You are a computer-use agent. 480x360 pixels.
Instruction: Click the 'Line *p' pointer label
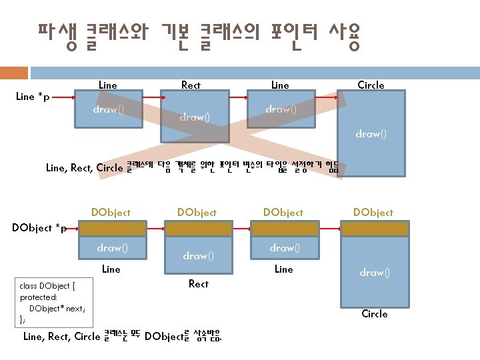click(32, 97)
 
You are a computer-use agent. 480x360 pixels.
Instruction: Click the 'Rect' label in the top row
click(191, 85)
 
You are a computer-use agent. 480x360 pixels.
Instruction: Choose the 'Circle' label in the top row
click(371, 85)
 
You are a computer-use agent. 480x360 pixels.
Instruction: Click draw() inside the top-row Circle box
click(371, 133)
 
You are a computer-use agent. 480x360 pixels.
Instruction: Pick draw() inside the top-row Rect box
click(195, 117)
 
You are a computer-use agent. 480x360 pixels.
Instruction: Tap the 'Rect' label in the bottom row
click(198, 283)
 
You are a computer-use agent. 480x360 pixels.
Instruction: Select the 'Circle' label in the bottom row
click(374, 313)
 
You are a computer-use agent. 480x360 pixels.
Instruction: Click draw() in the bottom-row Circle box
click(375, 272)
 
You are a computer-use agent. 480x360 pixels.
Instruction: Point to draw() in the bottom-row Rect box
click(198, 255)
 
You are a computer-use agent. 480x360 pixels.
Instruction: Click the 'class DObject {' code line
click(47, 287)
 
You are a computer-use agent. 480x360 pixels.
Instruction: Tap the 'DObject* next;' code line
click(57, 308)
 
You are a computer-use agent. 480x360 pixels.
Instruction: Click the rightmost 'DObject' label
click(373, 212)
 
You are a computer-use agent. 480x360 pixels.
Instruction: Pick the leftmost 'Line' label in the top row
click(107, 85)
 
